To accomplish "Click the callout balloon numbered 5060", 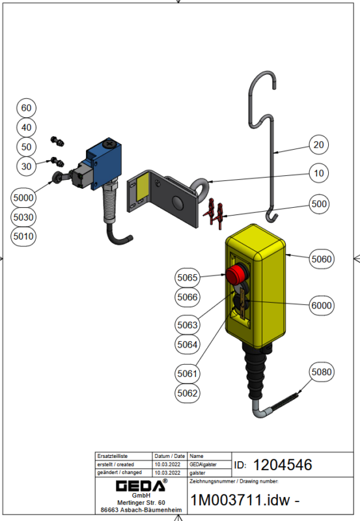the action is point(322,259).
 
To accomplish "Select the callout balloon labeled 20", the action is point(318,145).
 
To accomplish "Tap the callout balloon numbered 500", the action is point(319,204).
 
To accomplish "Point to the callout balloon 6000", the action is point(322,305).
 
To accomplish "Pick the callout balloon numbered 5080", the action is point(322,372).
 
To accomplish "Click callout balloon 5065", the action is point(187,277).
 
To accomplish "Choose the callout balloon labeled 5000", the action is point(23,198).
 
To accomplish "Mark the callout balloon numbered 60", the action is point(26,108).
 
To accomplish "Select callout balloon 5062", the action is point(187,393).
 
